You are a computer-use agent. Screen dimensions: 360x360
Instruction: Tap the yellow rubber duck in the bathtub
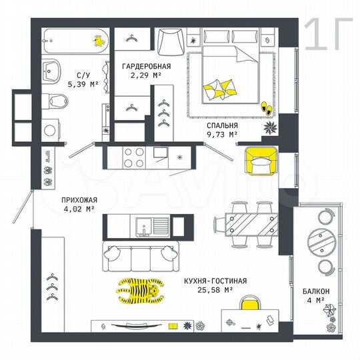pos(98,41)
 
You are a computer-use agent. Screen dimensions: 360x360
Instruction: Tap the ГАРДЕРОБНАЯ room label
pos(146,67)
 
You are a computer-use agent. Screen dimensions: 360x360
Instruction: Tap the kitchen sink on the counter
pos(145,227)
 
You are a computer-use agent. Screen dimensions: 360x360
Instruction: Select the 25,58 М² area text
pos(217,290)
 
